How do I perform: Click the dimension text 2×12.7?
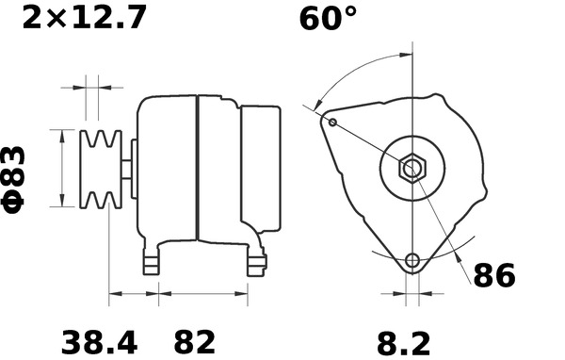84,17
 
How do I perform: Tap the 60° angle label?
329,19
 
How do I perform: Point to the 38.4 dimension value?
93,341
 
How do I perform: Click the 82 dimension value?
195,341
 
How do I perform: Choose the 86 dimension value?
494,276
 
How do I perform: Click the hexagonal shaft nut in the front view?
412,169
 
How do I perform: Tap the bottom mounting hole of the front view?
412,261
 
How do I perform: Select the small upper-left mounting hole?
332,121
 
